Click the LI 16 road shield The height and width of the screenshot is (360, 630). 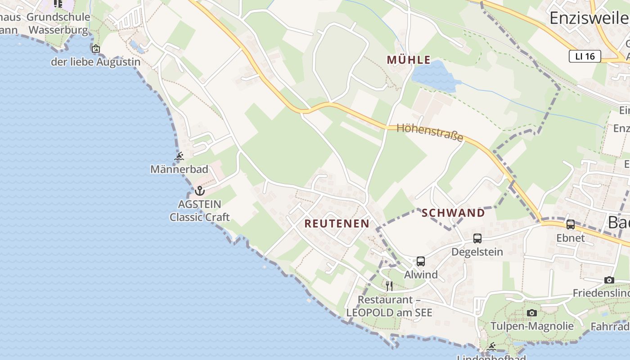point(585,56)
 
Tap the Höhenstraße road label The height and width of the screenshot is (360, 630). point(430,132)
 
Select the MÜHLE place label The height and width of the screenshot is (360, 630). point(409,60)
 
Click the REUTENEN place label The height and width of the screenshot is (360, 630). point(337,223)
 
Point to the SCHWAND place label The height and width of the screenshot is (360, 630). point(453,213)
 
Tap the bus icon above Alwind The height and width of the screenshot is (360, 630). point(421,261)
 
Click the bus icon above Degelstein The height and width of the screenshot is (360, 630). point(477,238)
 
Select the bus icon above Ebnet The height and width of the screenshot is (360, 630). point(571,224)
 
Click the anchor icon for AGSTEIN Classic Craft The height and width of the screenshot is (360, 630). point(200,191)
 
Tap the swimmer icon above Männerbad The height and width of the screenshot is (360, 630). point(179,157)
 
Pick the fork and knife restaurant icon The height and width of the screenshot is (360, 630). point(389,286)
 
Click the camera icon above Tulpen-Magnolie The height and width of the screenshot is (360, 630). point(532,313)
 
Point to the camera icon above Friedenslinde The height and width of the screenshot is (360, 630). point(609,280)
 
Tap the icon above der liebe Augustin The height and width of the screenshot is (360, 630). point(95,49)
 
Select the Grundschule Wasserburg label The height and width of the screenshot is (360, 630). point(58,23)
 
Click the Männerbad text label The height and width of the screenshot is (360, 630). point(179,169)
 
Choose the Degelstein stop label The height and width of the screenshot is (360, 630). point(477,251)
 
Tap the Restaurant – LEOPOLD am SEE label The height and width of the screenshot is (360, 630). point(389,306)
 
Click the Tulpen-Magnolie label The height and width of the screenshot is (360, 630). point(532,326)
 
